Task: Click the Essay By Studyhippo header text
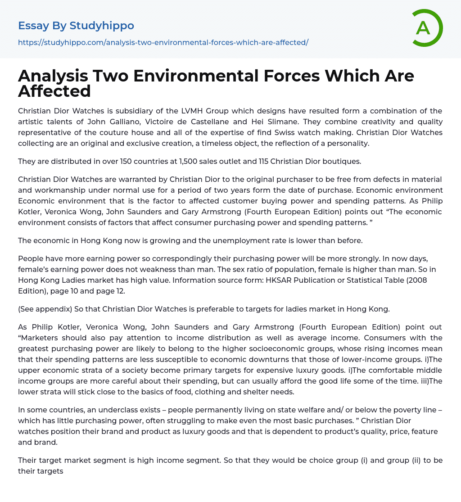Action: (76, 26)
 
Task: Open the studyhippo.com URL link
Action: (163, 42)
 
